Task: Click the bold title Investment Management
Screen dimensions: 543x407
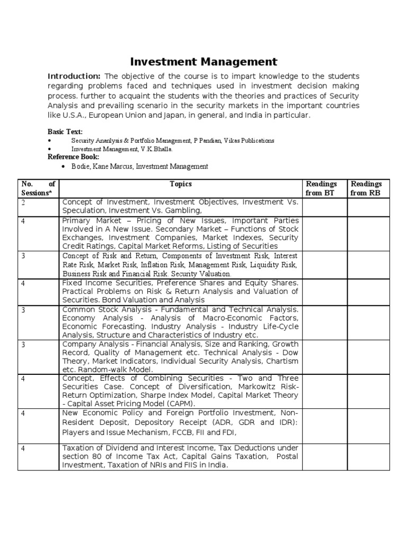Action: pyautogui.click(x=203, y=62)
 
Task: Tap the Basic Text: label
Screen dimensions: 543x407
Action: pyautogui.click(x=65, y=131)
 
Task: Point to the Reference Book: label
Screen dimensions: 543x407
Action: pyautogui.click(x=73, y=157)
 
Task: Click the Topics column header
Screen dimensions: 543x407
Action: pyautogui.click(x=181, y=184)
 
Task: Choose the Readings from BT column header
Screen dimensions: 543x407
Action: pyautogui.click(x=322, y=188)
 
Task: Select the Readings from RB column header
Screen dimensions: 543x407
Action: pyautogui.click(x=366, y=188)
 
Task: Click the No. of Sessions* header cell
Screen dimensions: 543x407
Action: pyautogui.click(x=38, y=188)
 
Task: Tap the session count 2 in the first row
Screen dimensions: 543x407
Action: pyautogui.click(x=23, y=203)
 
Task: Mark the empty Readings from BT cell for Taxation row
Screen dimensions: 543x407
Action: pyautogui.click(x=324, y=457)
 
